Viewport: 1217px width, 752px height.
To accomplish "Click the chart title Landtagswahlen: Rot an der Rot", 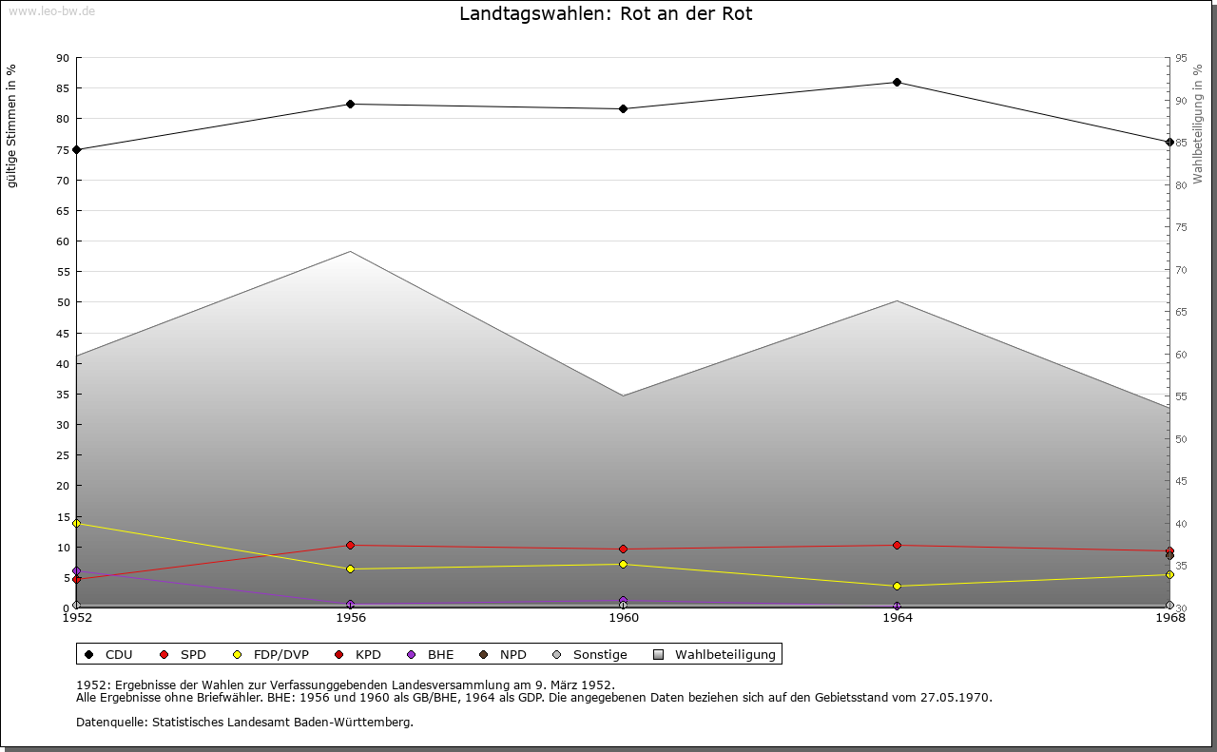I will pyautogui.click(x=606, y=14).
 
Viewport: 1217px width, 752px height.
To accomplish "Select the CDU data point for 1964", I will pyautogui.click(x=897, y=82).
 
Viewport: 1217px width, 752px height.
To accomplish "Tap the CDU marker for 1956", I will pyautogui.click(x=350, y=104).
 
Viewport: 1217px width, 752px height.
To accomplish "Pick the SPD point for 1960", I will pyautogui.click(x=623, y=549).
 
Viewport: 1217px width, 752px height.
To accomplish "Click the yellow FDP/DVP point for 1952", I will pyautogui.click(x=76, y=523).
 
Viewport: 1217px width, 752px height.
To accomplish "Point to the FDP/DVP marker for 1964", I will pyautogui.click(x=897, y=586).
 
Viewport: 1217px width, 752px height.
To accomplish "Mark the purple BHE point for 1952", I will pyautogui.click(x=76, y=571).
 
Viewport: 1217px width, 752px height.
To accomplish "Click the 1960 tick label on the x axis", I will pyautogui.click(x=624, y=617).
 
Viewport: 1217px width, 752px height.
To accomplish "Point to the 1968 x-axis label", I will pyautogui.click(x=1169, y=617).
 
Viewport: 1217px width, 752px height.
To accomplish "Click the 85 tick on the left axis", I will pyautogui.click(x=62, y=88).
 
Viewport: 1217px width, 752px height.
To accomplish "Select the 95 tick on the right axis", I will pyautogui.click(x=1181, y=58).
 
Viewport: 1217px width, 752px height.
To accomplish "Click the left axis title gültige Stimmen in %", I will pyautogui.click(x=12, y=125).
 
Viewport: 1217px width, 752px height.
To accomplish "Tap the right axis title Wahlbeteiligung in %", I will pyautogui.click(x=1198, y=124).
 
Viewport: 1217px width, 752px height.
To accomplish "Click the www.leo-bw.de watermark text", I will pyautogui.click(x=50, y=10).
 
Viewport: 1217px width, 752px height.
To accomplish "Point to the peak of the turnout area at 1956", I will pyautogui.click(x=350, y=252).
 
